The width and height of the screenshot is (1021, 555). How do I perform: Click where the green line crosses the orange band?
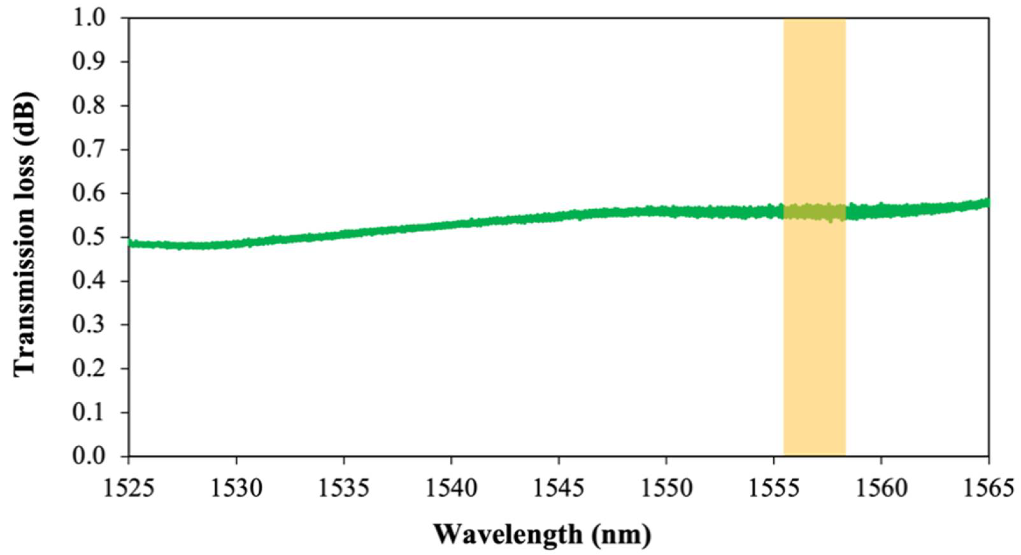click(815, 212)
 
